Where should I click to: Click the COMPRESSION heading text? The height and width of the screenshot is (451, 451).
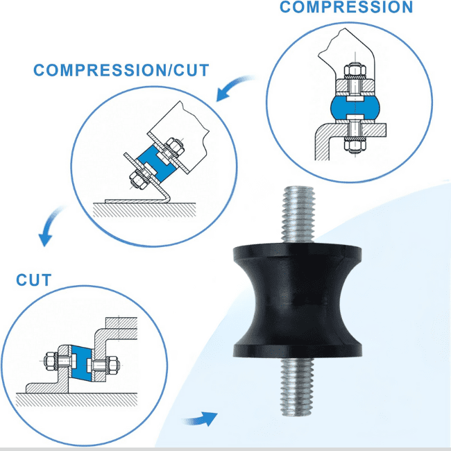[x=346, y=7]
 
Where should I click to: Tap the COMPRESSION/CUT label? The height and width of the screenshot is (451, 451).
[x=121, y=70]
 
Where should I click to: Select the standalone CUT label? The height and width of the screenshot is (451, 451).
[x=34, y=280]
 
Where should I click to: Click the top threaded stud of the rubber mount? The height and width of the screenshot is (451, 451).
[x=298, y=215]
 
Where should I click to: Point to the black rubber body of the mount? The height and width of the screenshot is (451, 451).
[x=297, y=300]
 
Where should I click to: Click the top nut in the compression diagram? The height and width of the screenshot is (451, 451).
[x=355, y=70]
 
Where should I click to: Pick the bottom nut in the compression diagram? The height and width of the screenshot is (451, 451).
[x=355, y=145]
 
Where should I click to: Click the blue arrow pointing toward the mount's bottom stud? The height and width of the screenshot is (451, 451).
[x=201, y=419]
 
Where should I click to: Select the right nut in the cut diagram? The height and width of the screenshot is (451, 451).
[x=113, y=365]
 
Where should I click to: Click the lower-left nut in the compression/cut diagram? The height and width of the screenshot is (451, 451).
[x=137, y=179]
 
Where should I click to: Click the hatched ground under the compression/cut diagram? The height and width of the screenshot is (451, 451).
[x=144, y=210]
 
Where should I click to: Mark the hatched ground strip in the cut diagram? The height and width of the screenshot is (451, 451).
[x=76, y=400]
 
